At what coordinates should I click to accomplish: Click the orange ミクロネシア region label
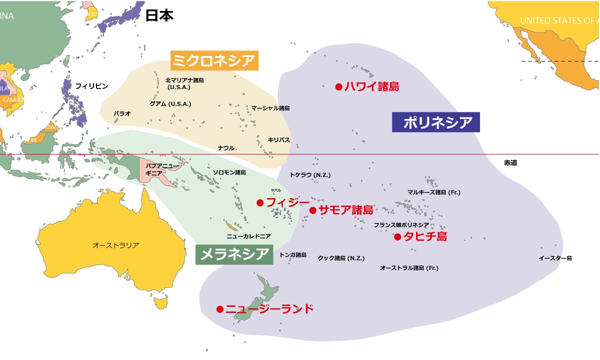tap(214, 60)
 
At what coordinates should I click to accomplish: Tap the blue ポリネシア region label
tap(435, 121)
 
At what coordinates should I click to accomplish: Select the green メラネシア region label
tap(234, 254)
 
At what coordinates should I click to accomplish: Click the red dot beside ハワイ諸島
tap(338, 86)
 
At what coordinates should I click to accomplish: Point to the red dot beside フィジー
tap(260, 202)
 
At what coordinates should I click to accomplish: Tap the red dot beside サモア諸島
tap(313, 210)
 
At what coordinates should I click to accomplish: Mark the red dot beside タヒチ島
tap(397, 237)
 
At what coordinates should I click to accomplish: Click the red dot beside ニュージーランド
tap(219, 309)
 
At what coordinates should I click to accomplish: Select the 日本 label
tap(159, 15)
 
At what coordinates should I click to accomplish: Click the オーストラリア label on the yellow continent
tap(115, 245)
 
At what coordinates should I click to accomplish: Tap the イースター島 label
tap(555, 258)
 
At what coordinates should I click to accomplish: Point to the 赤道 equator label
tap(510, 163)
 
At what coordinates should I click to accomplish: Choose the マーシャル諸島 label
tap(270, 108)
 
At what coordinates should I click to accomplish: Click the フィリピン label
tap(91, 86)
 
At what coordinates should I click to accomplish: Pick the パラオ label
tap(122, 113)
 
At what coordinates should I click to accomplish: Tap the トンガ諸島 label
tap(293, 254)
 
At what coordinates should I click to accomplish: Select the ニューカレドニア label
tap(248, 235)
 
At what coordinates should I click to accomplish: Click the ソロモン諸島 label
tap(229, 172)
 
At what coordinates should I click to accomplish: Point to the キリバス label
tap(278, 140)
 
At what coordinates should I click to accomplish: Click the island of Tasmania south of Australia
tap(161, 302)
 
